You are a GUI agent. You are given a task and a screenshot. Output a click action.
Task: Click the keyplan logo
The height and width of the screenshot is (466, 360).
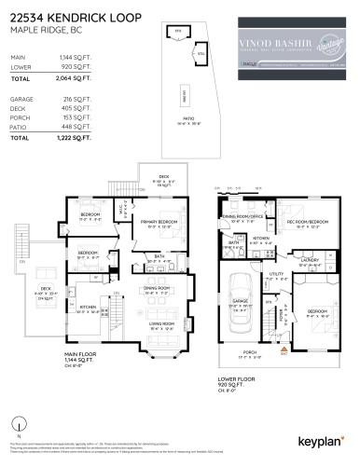pos(320,440)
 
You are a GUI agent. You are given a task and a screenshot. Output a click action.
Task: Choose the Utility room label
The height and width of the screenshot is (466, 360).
pos(275,274)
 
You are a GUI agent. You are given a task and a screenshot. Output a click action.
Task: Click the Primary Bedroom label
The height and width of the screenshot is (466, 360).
pos(161,221)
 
